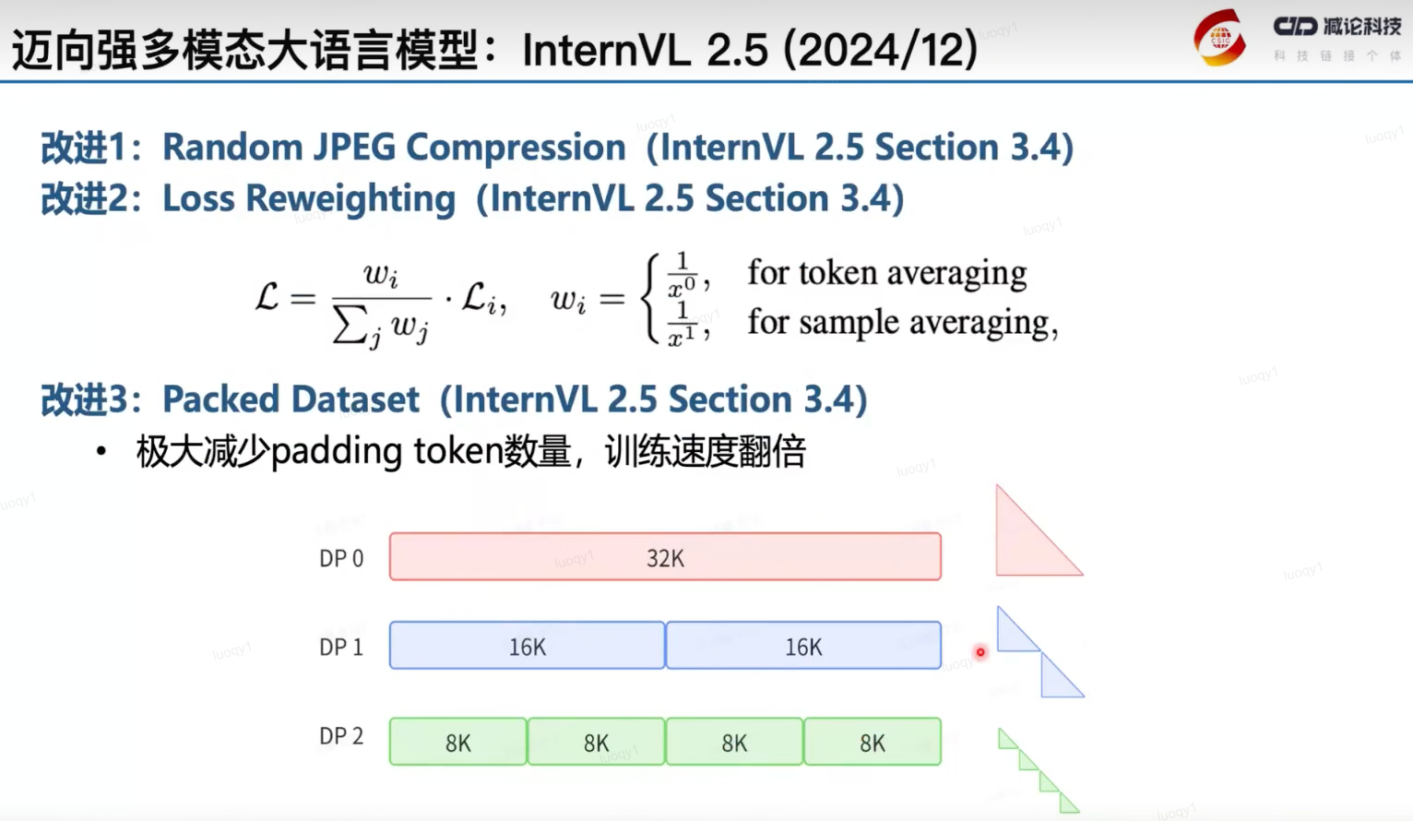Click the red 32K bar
(x=664, y=557)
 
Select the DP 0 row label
(x=341, y=559)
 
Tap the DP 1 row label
(x=341, y=648)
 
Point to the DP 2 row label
(x=341, y=736)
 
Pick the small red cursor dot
(x=980, y=652)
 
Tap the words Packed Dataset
(x=291, y=399)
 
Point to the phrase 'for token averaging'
(x=886, y=273)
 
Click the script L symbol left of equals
(x=267, y=297)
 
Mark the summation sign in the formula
(x=349, y=326)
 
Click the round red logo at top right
(x=1219, y=38)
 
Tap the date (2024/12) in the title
(x=881, y=49)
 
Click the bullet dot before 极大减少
(x=101, y=452)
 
